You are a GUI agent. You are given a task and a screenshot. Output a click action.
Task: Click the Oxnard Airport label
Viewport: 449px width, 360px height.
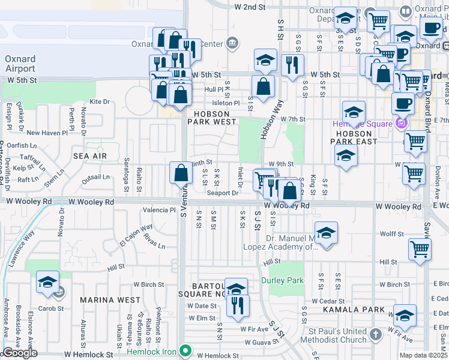(x=20, y=64)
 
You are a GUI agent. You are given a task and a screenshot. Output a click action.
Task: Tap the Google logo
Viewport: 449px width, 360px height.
(x=20, y=353)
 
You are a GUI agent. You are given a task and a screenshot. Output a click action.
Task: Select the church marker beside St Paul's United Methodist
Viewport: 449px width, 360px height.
(x=375, y=334)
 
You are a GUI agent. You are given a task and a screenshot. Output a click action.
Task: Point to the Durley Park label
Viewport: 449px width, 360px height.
(x=282, y=280)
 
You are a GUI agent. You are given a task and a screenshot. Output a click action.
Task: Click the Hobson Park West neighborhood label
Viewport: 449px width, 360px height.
(x=211, y=118)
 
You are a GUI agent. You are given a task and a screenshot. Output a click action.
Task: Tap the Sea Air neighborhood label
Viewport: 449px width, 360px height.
(x=90, y=156)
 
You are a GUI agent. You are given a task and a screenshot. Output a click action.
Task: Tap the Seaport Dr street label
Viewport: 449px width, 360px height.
(x=223, y=193)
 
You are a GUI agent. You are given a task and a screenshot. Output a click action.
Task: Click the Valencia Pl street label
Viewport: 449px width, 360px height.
(x=158, y=211)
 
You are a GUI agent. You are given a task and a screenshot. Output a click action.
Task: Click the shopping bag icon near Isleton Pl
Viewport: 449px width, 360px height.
(x=263, y=86)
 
